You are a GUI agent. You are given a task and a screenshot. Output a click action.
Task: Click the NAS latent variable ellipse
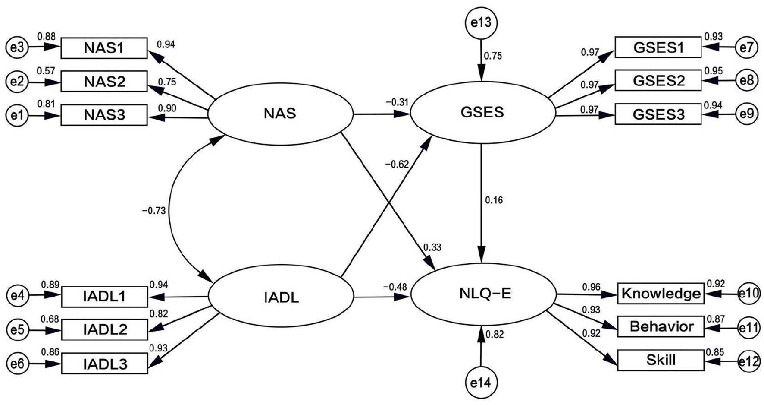(280, 114)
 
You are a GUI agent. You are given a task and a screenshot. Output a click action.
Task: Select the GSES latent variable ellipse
(482, 113)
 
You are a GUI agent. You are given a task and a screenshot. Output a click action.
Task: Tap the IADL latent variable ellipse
(281, 297)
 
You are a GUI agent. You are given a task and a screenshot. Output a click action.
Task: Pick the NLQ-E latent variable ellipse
(483, 294)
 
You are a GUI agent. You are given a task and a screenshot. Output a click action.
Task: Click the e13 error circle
(481, 23)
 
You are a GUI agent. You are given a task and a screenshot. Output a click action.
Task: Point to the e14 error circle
(481, 382)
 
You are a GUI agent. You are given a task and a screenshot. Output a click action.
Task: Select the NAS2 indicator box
(104, 82)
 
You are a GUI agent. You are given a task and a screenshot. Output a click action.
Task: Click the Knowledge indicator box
(661, 294)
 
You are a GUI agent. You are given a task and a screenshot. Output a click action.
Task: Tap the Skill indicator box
(661, 360)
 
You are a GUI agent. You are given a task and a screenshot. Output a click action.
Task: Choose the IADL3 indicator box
(105, 364)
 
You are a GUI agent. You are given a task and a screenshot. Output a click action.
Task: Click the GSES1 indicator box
(658, 47)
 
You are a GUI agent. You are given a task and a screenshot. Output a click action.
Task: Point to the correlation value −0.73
(153, 211)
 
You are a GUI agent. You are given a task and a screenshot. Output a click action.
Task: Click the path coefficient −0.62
(397, 164)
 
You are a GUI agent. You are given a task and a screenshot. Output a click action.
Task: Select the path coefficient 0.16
(494, 200)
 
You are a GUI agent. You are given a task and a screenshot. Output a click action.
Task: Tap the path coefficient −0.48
(396, 287)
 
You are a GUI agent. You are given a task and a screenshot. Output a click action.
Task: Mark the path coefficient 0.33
(432, 247)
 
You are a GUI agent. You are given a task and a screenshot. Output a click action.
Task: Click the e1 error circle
(17, 115)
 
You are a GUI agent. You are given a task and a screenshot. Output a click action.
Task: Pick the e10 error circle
(749, 293)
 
